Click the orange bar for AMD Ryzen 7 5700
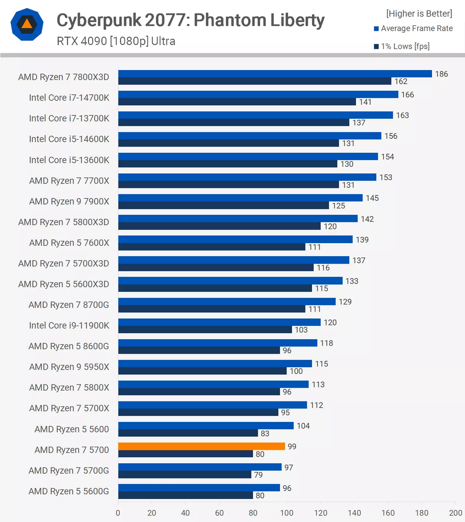[x=201, y=446]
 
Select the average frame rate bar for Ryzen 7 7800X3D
[x=275, y=74]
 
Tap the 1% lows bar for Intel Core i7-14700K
[x=237, y=102]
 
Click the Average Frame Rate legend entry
[x=416, y=29]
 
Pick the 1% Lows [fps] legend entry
[x=405, y=47]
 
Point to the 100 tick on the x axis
[x=287, y=513]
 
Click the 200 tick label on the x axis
[x=455, y=513]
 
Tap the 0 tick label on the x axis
[x=118, y=513]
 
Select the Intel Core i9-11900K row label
[x=69, y=325]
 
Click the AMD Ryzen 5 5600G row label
[x=69, y=491]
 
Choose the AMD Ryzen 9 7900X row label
[x=69, y=201]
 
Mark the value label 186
[x=442, y=74]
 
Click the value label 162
[x=401, y=81]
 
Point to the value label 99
[x=292, y=447]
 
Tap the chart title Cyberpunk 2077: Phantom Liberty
[x=190, y=20]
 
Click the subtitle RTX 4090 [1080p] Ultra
[x=116, y=41]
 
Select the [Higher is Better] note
[x=419, y=14]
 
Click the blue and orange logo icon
[x=27, y=24]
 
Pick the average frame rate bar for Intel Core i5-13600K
[x=248, y=157]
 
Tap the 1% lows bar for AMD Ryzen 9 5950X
[x=202, y=371]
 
